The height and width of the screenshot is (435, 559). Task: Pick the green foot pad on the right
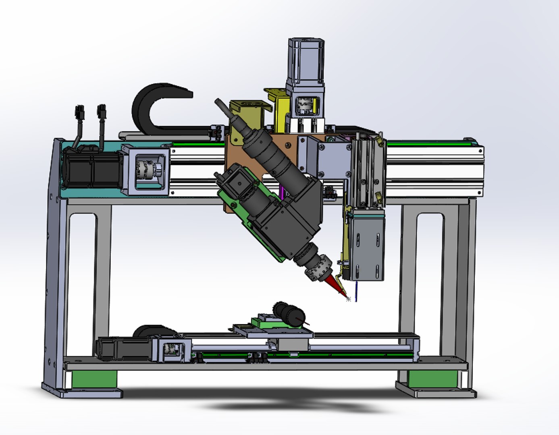coord(432,378)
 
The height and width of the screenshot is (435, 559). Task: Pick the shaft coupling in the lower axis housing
coord(173,348)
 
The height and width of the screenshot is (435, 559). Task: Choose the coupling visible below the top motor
coord(305,105)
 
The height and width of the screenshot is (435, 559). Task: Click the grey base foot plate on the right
coord(435,391)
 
